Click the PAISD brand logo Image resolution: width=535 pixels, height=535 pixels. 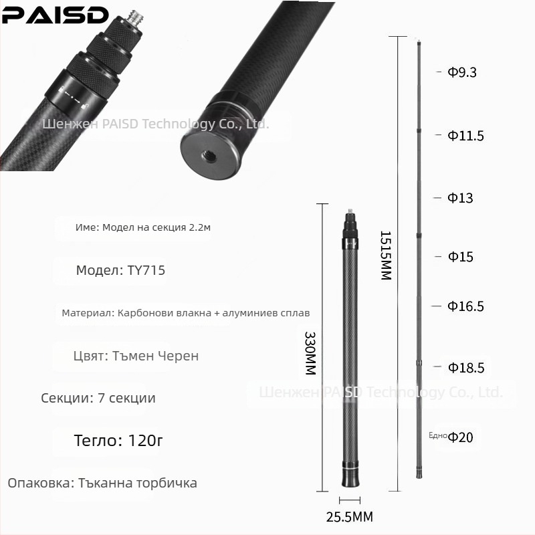coord(55,15)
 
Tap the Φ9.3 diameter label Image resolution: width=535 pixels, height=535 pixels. coord(462,72)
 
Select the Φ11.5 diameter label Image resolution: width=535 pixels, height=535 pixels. coord(465,136)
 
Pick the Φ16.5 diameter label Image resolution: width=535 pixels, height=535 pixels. coord(465,306)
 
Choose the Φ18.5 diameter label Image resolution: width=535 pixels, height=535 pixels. coord(465,368)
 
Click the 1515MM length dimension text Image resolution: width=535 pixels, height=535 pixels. coord(385,255)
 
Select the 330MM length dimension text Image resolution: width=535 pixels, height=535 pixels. coord(310,352)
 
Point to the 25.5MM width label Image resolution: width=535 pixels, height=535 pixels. coord(349,517)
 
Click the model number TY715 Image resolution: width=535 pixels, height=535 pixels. coord(145,271)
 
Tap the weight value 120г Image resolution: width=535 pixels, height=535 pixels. coord(142,441)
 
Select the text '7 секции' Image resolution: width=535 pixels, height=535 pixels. coord(126,398)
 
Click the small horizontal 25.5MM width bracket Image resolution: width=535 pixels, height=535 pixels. coord(349,500)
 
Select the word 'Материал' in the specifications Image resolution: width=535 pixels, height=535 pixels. coord(87,313)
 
